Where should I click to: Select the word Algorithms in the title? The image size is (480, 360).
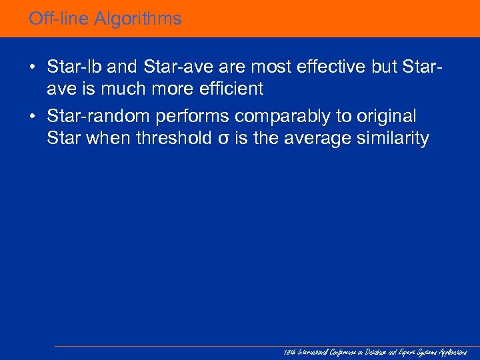tap(137, 19)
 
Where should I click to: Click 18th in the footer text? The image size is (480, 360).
tap(287, 351)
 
